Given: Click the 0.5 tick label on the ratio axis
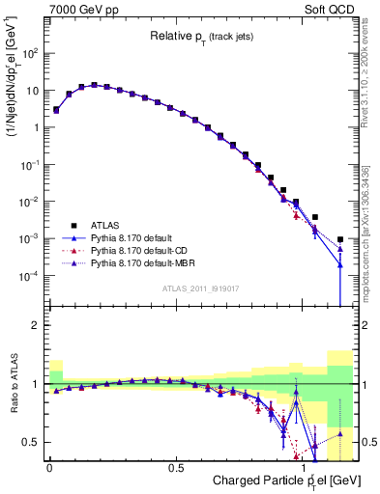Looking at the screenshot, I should click(x=32, y=442).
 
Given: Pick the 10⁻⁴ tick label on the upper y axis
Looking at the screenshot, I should click(x=29, y=275).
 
